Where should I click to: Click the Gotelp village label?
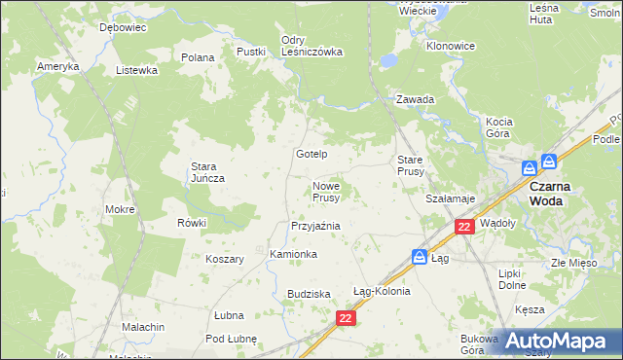tap(311, 155)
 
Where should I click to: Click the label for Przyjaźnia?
tap(315, 226)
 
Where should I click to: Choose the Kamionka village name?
tap(293, 254)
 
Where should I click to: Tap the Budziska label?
tap(310, 294)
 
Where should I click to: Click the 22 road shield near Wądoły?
tap(464, 227)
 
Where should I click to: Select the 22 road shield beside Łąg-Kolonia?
tap(347, 318)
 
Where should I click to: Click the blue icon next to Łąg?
tap(419, 257)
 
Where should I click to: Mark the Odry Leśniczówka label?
tap(311, 46)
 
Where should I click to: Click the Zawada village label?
tap(415, 99)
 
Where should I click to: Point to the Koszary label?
tap(224, 259)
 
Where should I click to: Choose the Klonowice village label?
tap(450, 46)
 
